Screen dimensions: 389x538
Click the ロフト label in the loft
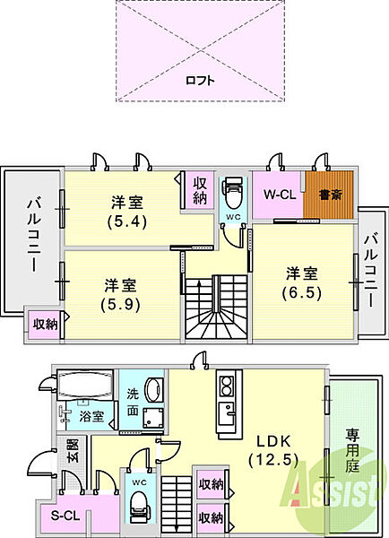200,81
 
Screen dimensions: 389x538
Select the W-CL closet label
280,195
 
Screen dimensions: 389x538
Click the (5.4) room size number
127,222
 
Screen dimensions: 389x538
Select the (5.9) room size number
121,305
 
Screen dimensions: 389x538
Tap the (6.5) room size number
302,293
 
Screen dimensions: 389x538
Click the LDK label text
273,441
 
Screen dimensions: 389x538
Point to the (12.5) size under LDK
273,459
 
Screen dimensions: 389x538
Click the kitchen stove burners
227,386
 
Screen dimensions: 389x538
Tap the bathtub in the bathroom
85,385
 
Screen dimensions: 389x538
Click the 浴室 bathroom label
91,416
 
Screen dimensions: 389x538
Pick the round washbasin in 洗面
153,390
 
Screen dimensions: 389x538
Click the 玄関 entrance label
73,450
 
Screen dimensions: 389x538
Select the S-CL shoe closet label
65,515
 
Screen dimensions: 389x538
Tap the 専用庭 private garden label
351,451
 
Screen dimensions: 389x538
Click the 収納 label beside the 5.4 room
200,192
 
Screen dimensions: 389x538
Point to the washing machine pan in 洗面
153,418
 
